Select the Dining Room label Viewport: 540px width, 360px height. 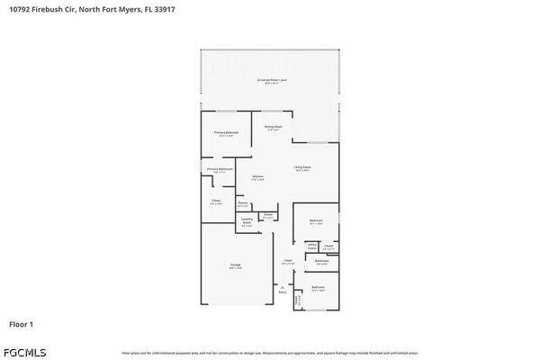click(x=274, y=126)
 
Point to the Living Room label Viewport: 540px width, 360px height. click(x=301, y=167)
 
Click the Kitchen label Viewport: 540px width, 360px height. click(x=257, y=176)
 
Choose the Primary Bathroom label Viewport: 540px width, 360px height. click(x=220, y=169)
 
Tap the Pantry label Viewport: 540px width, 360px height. click(x=243, y=203)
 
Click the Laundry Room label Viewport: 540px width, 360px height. click(x=247, y=222)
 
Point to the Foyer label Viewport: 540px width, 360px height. click(x=288, y=261)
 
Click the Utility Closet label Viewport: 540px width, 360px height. click(x=311, y=245)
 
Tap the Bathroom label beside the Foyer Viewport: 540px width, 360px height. click(x=322, y=260)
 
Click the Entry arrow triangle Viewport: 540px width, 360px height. click(x=282, y=286)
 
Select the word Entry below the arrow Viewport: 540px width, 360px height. click(x=282, y=292)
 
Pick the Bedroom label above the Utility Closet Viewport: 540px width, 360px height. click(x=316, y=220)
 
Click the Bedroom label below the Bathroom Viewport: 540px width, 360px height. click(x=318, y=287)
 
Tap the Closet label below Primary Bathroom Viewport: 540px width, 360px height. click(x=216, y=201)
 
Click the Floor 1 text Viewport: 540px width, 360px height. click(x=22, y=323)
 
